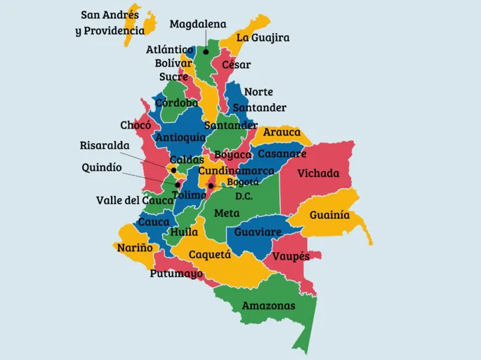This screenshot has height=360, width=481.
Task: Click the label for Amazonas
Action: point(268,306)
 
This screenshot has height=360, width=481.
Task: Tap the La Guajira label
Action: point(263,38)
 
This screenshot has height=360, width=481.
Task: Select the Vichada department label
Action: point(318,173)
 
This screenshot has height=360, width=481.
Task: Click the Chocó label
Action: point(136,126)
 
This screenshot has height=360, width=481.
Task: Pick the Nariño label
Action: point(135,248)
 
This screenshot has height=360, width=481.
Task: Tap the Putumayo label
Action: point(176,274)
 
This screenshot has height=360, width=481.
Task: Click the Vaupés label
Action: point(291,256)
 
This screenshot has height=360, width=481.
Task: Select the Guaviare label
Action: point(258,232)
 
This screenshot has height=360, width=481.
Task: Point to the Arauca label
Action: point(282,132)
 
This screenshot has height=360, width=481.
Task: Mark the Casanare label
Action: point(281,154)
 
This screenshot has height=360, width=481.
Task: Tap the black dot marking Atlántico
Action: point(206,51)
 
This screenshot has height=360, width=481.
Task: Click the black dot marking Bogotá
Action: point(211,186)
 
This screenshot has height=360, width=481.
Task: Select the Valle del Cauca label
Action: point(134,201)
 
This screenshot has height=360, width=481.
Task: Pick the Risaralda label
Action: point(105,146)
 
